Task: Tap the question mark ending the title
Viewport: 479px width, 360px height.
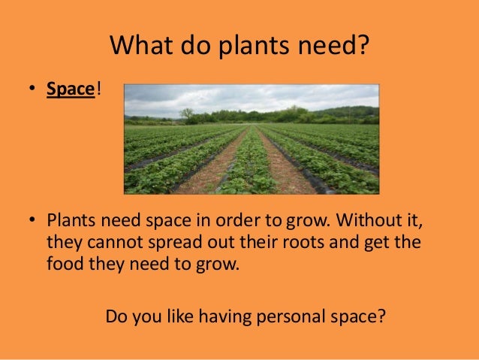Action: tap(364, 47)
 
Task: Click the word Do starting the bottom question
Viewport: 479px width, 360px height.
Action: tap(116, 314)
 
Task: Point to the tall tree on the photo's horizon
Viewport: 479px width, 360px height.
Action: tap(186, 113)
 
